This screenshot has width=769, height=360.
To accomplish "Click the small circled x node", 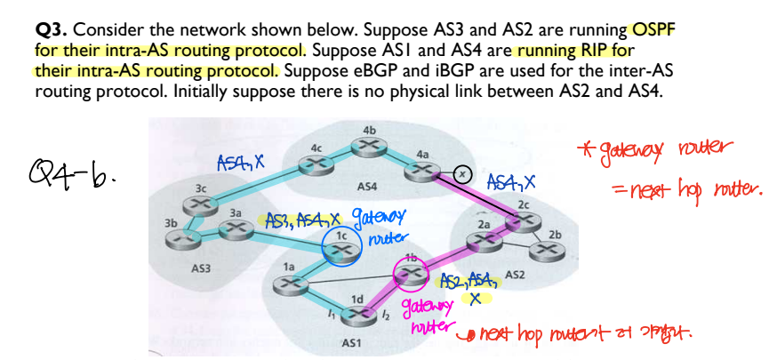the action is [461, 172].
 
